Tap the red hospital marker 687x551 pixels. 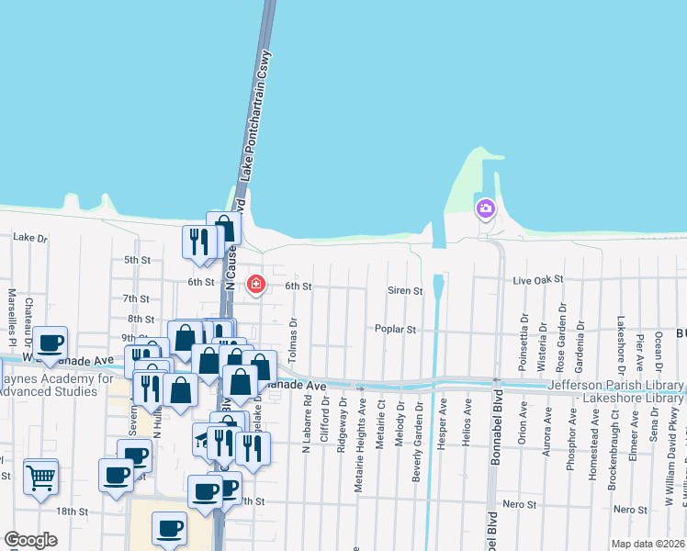point(254,285)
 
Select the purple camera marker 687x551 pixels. point(485,208)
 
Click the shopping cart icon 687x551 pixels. point(40,477)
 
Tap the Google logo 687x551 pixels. point(30,540)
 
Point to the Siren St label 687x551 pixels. point(404,291)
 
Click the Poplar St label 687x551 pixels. point(396,329)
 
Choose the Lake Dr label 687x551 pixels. point(29,237)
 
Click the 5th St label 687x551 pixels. point(137,260)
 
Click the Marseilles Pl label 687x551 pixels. point(11,312)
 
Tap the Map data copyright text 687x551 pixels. point(648,544)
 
